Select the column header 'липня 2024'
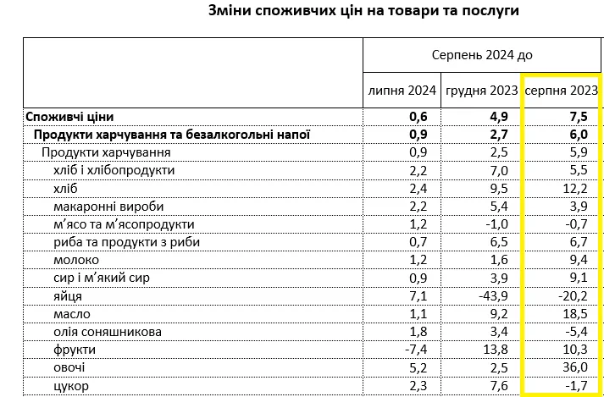coord(402,90)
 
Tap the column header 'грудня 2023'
coord(479,90)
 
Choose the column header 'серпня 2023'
coord(561,90)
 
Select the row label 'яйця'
coord(68,295)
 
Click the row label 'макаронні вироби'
coord(108,206)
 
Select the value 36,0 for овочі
coord(576,368)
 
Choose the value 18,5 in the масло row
coord(576,313)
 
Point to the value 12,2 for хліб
coord(576,188)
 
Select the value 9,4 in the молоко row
coord(579,259)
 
